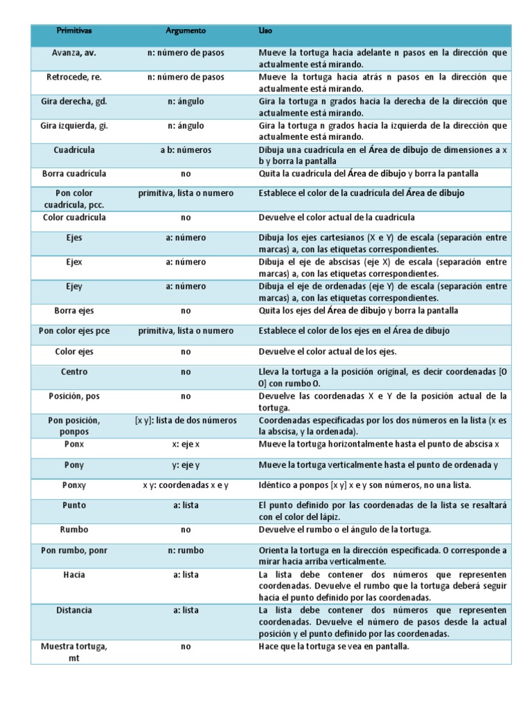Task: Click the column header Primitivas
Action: tap(74, 31)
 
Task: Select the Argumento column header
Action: tap(186, 31)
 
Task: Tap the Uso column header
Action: tap(265, 31)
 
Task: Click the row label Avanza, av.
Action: tap(74, 53)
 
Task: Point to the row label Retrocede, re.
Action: tap(74, 77)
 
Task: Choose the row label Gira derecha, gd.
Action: tap(74, 101)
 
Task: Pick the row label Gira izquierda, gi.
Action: tap(74, 125)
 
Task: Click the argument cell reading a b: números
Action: tap(186, 150)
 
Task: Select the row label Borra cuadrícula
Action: tap(74, 173)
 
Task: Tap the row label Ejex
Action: tap(74, 262)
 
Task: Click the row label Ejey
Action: tap(74, 287)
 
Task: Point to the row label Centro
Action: tap(74, 372)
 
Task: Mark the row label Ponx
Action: tap(74, 444)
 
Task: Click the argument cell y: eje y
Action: tap(186, 465)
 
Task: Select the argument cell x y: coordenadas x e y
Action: tap(186, 485)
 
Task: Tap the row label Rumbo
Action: tap(74, 530)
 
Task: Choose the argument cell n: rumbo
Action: tap(186, 550)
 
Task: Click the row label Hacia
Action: tap(74, 575)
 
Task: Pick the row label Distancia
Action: tap(74, 610)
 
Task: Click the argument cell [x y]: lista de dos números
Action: tap(186, 420)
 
